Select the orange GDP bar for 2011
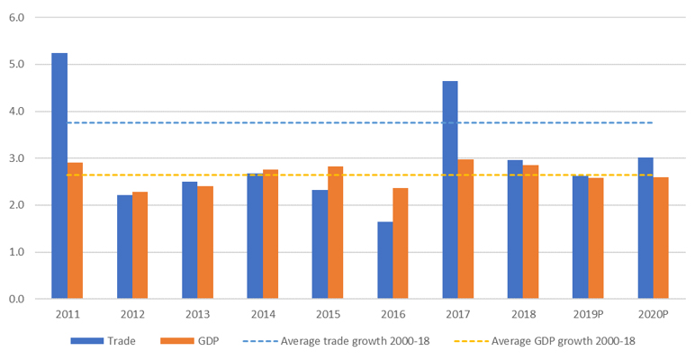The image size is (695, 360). click(x=75, y=230)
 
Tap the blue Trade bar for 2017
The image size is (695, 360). click(x=450, y=190)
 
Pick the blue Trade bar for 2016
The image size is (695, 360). click(x=385, y=260)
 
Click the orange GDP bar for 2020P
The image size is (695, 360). click(x=662, y=238)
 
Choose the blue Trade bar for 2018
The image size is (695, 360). click(x=516, y=229)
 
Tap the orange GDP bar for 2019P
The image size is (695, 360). click(x=597, y=238)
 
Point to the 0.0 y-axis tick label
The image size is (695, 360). click(x=16, y=299)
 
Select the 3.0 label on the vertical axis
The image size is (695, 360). click(x=16, y=158)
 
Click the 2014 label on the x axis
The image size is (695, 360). click(x=263, y=315)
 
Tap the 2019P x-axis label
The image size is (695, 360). click(x=589, y=315)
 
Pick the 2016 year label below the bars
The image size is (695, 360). click(x=393, y=315)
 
